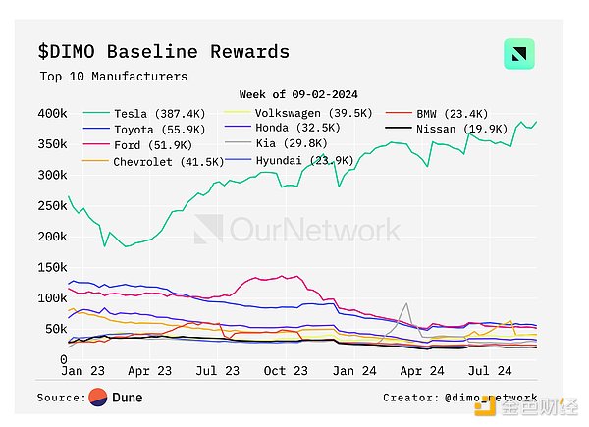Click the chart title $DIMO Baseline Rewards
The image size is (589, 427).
click(164, 51)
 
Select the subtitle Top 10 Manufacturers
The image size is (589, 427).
click(114, 76)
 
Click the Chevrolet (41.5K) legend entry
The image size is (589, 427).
click(162, 161)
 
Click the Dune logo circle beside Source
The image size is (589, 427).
click(97, 398)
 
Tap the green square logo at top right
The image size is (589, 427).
click(518, 54)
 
